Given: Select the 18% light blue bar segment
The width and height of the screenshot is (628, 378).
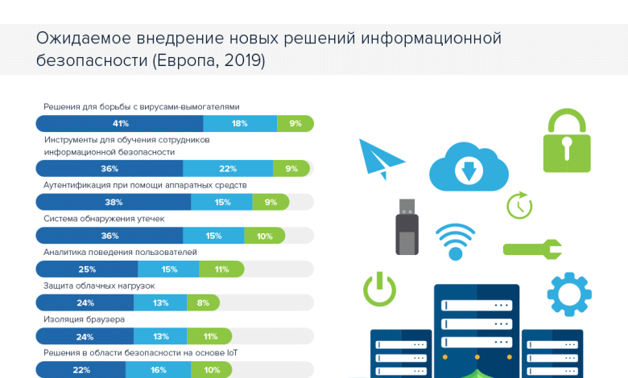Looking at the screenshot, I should click(x=239, y=123).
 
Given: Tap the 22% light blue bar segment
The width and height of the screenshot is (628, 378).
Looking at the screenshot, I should click(x=228, y=168).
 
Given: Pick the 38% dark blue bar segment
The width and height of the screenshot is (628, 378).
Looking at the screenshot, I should click(x=114, y=203).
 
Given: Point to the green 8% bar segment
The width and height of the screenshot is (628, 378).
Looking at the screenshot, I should click(x=203, y=303).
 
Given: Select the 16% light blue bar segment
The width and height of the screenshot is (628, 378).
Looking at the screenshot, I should click(x=158, y=369).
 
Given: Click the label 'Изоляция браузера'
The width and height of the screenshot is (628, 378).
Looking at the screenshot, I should click(x=84, y=319).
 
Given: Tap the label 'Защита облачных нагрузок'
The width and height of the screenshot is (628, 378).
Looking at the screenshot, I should click(x=98, y=286).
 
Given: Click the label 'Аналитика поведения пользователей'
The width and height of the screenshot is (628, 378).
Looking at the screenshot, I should click(x=120, y=252).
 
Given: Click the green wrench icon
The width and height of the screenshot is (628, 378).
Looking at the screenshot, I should click(x=532, y=249).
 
